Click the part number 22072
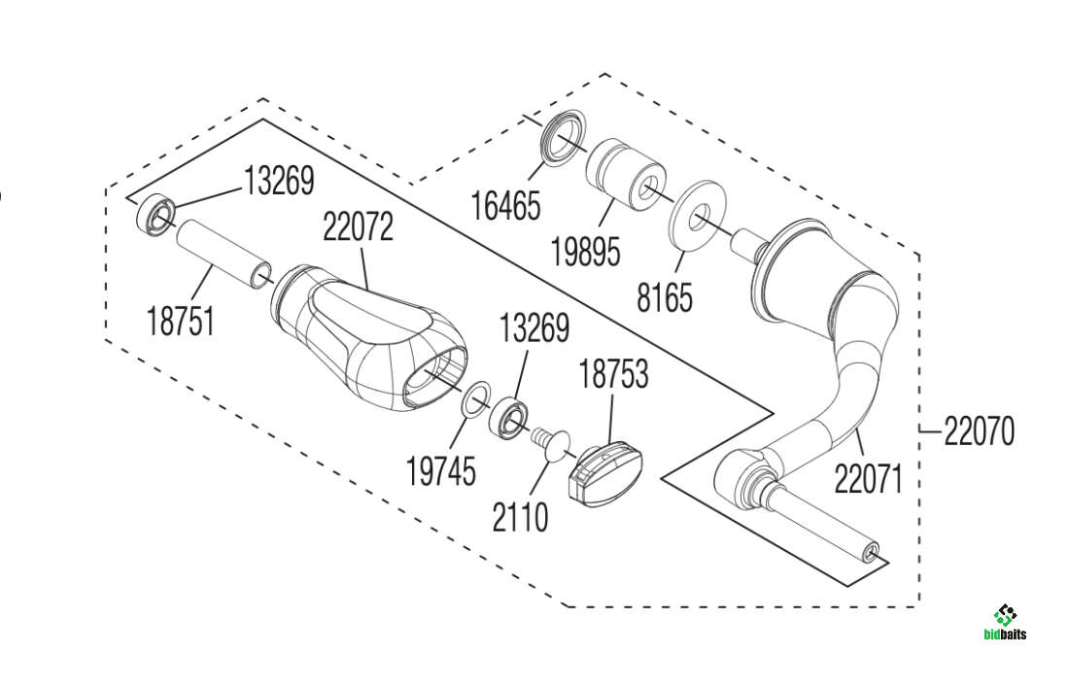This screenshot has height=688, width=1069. pos(359,228)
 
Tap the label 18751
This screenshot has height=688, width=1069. pos(182,320)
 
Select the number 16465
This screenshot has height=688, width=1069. pos(505,206)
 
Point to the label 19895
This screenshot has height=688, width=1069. pos(585,252)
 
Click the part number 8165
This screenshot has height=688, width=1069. pos(665,296)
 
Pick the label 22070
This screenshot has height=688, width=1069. pos(979,430)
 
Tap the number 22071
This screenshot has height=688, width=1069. pos(868,478)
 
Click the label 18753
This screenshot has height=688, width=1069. pos(614,375)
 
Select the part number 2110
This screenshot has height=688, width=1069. pos(520,517)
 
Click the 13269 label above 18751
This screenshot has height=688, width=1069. pos(279,181)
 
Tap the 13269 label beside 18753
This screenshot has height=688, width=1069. pos(534,327)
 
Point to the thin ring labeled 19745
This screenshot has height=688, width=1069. pos(475,398)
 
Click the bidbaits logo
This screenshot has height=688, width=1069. pos(1005,623)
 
